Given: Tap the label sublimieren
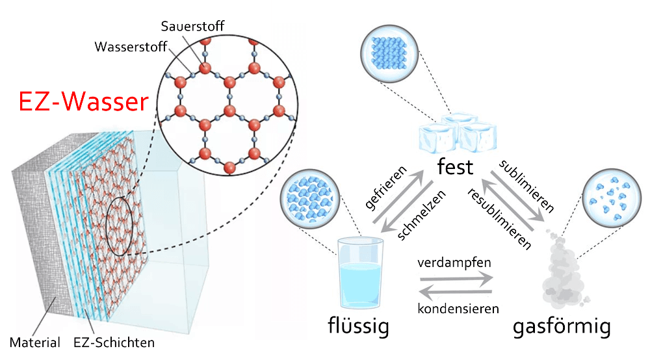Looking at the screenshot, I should tap(526, 185).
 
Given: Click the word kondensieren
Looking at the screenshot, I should tap(454, 307).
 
